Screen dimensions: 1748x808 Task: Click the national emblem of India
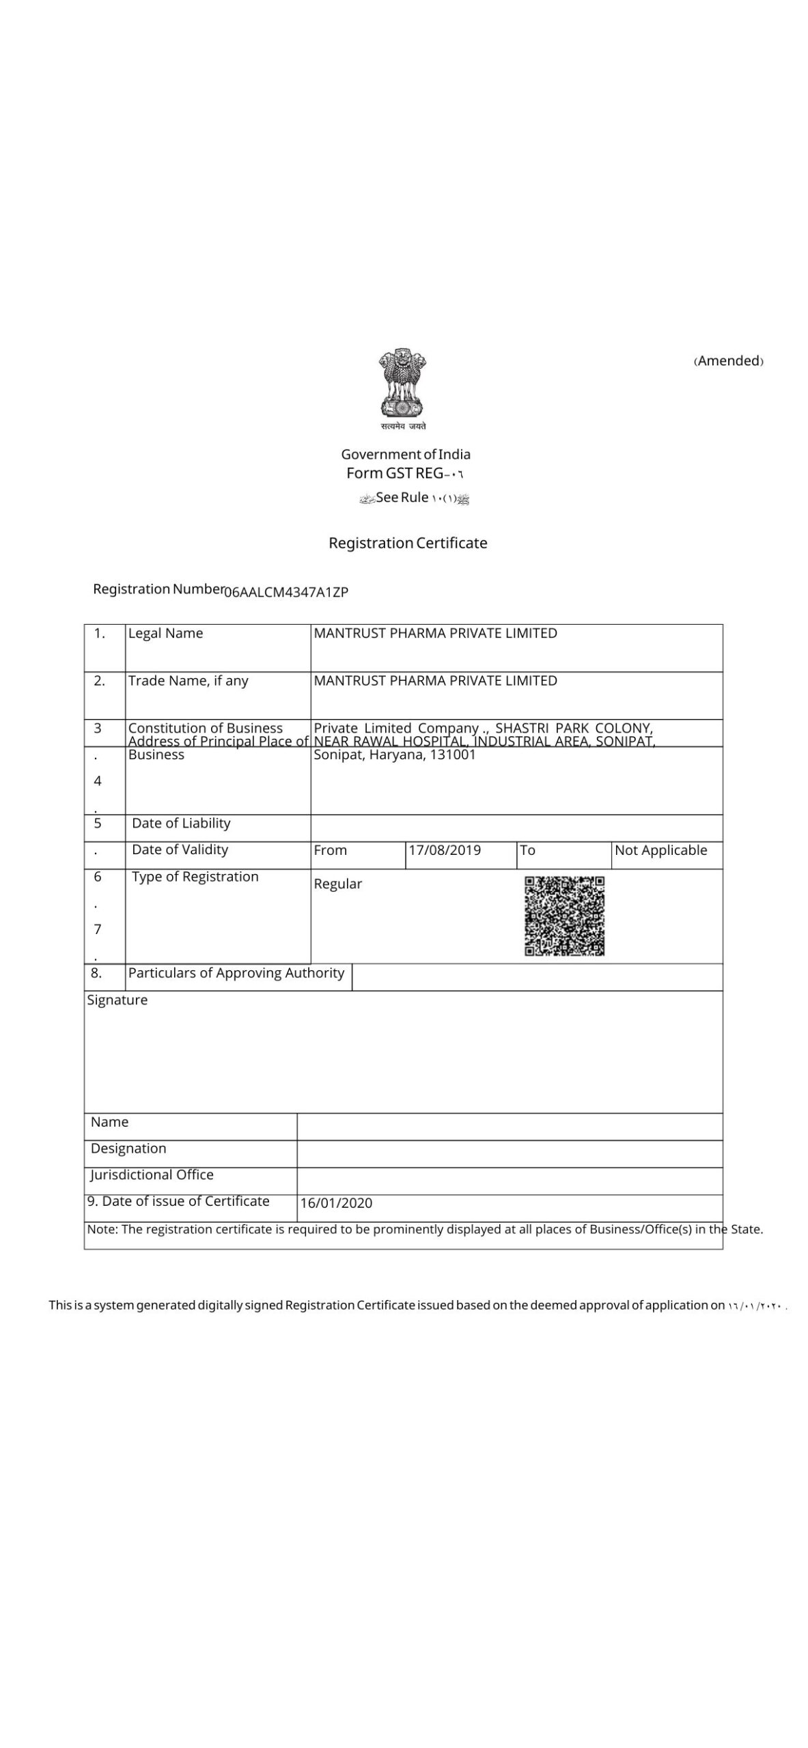(403, 386)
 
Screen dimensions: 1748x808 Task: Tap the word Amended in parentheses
(729, 361)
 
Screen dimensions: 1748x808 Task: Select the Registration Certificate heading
(408, 544)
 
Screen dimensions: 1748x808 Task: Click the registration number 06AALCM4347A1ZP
(286, 593)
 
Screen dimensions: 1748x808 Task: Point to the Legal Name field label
(165, 634)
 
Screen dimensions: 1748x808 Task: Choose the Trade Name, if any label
(188, 681)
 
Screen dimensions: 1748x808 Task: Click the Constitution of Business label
(205, 728)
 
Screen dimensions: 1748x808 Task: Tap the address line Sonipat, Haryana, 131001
(394, 755)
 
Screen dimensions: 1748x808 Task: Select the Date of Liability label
(181, 823)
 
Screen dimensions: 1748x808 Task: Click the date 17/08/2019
(445, 851)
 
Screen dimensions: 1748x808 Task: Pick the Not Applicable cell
(660, 851)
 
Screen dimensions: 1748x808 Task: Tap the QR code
(564, 916)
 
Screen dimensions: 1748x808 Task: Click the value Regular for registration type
(337, 884)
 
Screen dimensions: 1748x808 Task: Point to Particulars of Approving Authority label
(236, 974)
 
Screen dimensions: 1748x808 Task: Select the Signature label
(117, 1000)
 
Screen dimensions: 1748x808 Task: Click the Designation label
(128, 1148)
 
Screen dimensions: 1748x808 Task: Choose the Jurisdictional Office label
(152, 1175)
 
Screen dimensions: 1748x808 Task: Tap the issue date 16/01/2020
(336, 1203)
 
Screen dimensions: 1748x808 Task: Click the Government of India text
(406, 455)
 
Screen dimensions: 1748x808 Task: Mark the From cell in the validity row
(331, 851)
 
